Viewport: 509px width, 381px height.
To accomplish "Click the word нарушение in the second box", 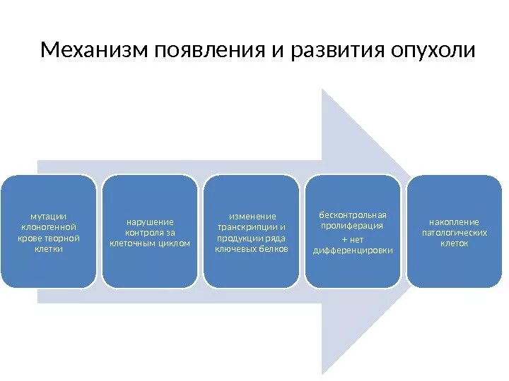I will click(x=150, y=221).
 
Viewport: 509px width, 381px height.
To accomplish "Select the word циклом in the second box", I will click(x=173, y=243).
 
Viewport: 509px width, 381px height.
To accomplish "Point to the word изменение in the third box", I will click(x=252, y=215).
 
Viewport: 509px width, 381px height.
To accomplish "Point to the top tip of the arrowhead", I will click(x=322, y=90).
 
